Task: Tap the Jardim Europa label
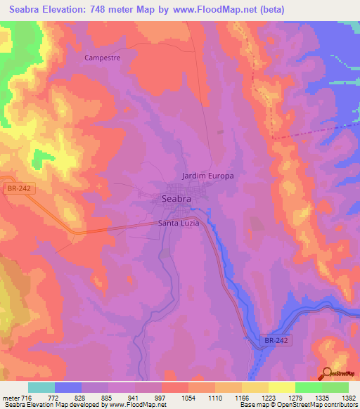(207, 175)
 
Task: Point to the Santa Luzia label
(179, 223)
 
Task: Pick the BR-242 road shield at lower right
(278, 340)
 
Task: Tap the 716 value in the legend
(27, 397)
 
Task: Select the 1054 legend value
(188, 397)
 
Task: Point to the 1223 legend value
(267, 397)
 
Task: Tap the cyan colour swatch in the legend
(41, 387)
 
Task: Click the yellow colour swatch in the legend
(282, 387)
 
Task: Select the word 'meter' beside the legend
(11, 397)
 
